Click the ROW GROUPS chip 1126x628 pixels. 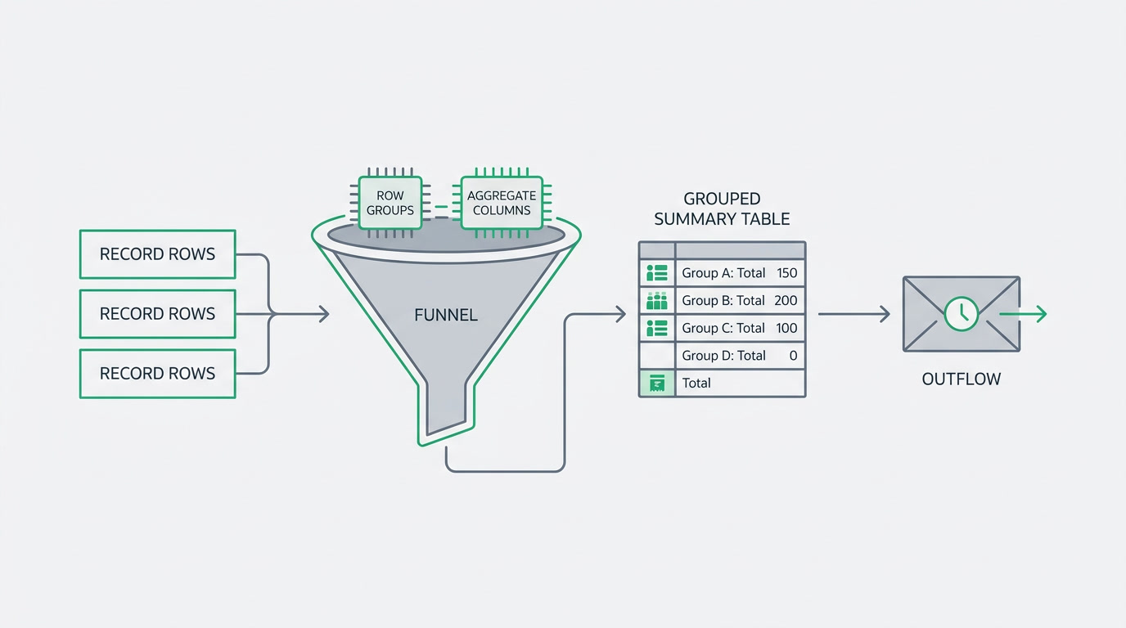(x=390, y=203)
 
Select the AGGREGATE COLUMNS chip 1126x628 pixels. (x=502, y=203)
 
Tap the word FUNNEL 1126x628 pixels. (x=446, y=315)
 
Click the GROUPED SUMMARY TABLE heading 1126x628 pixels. (x=722, y=209)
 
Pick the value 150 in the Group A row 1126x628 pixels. (x=786, y=273)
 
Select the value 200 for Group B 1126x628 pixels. (x=786, y=300)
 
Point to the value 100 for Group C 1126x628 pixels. (x=786, y=328)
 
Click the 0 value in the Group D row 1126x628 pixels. (x=793, y=356)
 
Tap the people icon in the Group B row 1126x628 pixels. (x=657, y=300)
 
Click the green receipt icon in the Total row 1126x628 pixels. (x=657, y=384)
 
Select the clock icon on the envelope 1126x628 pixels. (x=962, y=314)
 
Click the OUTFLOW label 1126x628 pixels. (x=962, y=379)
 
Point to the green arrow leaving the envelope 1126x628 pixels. (x=1023, y=314)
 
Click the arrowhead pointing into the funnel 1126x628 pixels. (x=324, y=314)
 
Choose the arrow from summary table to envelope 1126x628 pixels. (x=854, y=314)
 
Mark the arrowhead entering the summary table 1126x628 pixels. (x=621, y=315)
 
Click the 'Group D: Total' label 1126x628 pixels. (x=723, y=356)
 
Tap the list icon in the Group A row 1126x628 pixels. (x=657, y=273)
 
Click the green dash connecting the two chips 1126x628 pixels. (x=441, y=207)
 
